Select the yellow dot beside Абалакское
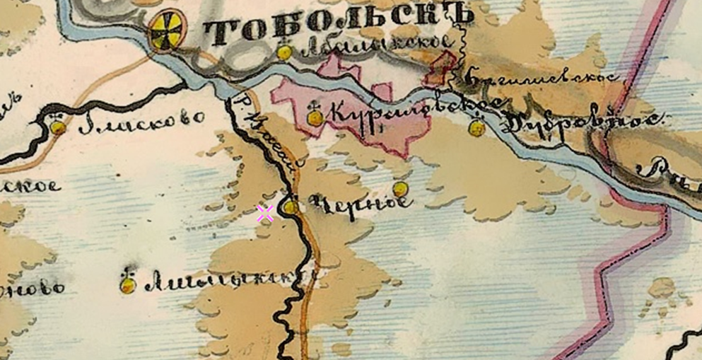tap(284, 52)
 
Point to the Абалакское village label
tap(375, 47)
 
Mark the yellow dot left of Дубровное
tap(477, 128)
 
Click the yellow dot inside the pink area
tap(315, 117)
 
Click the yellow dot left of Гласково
tap(58, 127)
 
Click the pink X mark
tap(265, 214)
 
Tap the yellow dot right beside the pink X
tap(291, 207)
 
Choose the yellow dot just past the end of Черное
tap(400, 189)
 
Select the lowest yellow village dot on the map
tap(127, 285)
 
